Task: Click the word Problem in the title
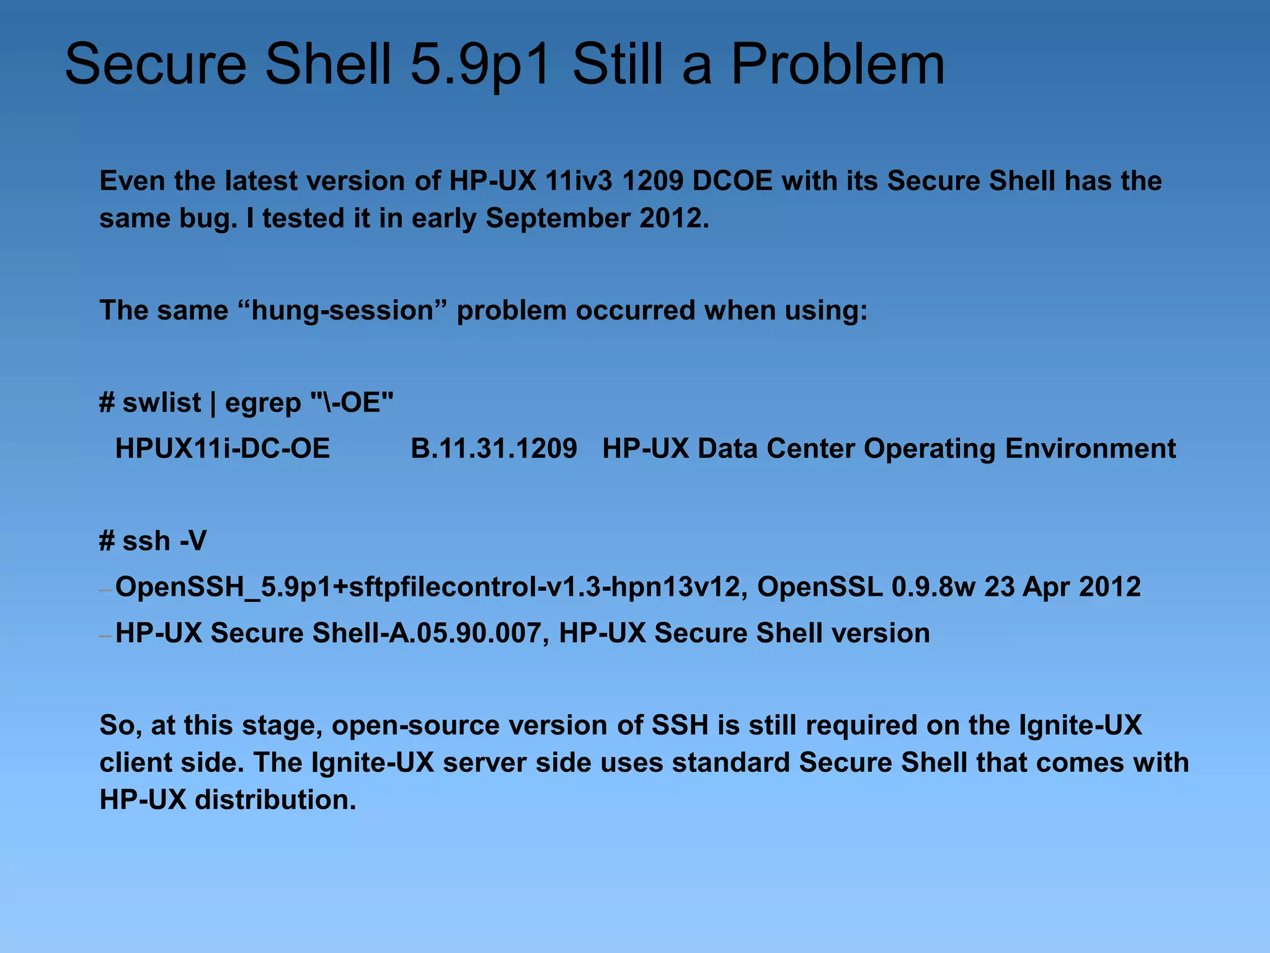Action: (x=838, y=65)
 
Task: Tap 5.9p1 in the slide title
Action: (x=481, y=65)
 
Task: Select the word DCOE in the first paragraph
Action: (x=732, y=181)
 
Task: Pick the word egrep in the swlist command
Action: (x=263, y=403)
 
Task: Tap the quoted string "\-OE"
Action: (x=352, y=403)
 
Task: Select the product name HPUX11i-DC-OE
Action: (x=223, y=449)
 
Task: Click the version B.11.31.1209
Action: (x=494, y=449)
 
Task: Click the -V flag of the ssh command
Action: (x=193, y=541)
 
